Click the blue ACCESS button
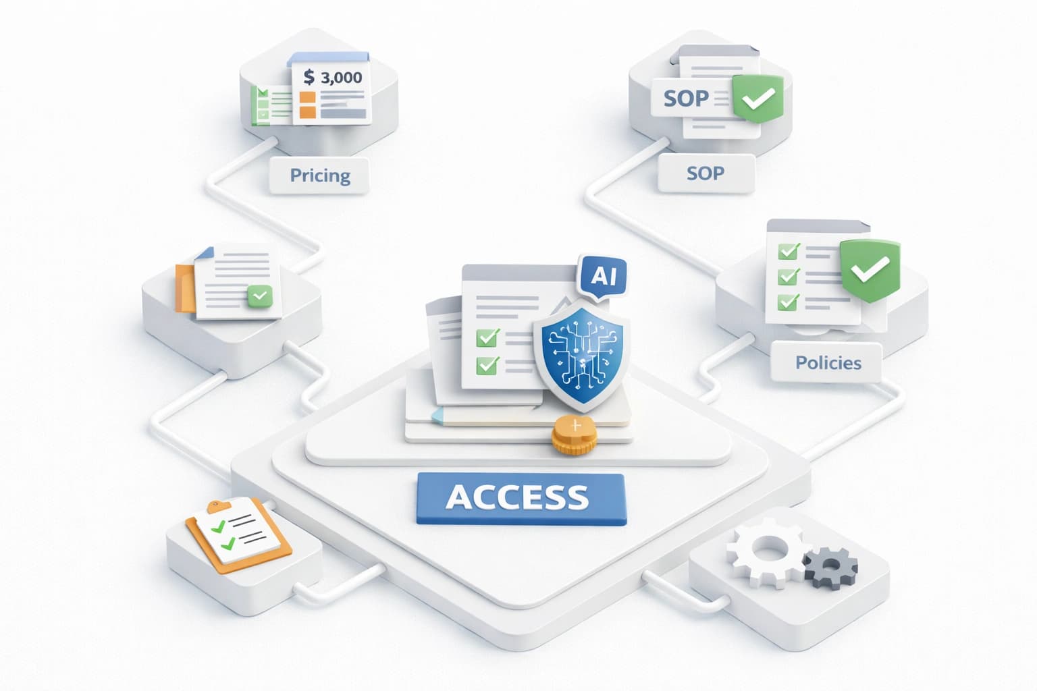click(x=521, y=499)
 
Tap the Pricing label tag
click(x=319, y=175)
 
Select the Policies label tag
click(x=828, y=363)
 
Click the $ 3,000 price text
click(x=333, y=77)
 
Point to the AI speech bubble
click(x=603, y=276)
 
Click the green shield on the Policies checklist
click(x=870, y=270)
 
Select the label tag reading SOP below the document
click(x=705, y=173)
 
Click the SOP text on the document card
click(x=685, y=99)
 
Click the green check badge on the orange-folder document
click(x=260, y=296)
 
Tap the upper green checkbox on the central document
click(x=487, y=337)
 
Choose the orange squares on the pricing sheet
click(x=308, y=105)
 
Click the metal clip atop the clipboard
click(x=217, y=505)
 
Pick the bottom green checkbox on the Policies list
click(x=788, y=302)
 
